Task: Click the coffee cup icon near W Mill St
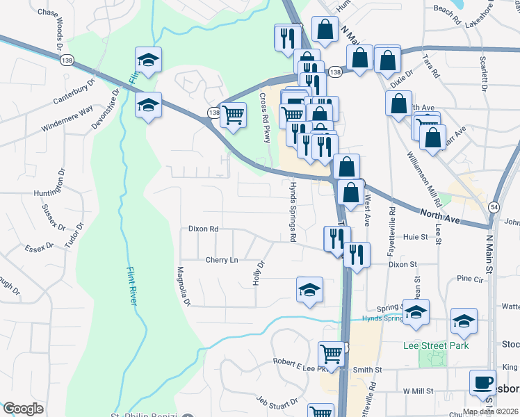coord(482,382)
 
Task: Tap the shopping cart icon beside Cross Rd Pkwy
coord(234,115)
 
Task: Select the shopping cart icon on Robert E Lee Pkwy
coord(332,354)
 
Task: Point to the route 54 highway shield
coord(493,207)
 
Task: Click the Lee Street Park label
coord(436,345)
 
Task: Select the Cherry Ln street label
coord(222,260)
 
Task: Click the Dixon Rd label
coord(204,229)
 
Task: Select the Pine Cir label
coord(469,279)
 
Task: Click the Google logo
coord(23,409)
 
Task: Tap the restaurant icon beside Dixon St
coord(357,254)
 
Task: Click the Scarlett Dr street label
coord(482,74)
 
